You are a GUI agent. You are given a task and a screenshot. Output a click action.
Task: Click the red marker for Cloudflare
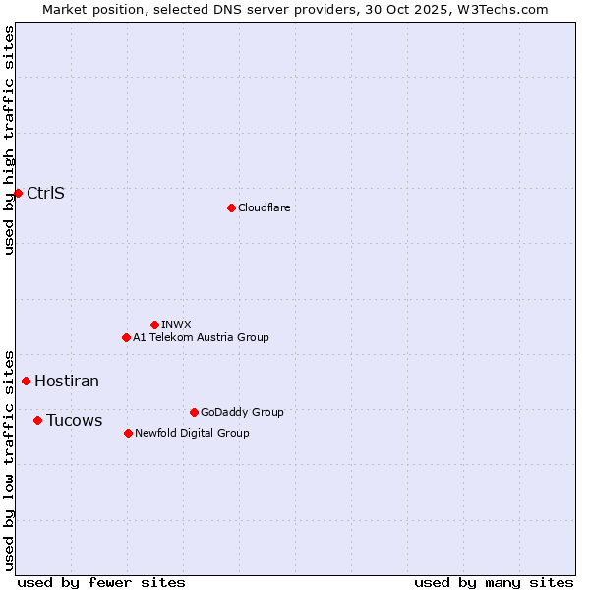pos(231,207)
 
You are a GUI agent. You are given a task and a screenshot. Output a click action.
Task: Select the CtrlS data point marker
pos(18,193)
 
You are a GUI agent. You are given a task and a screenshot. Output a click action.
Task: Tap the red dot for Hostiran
pos(27,381)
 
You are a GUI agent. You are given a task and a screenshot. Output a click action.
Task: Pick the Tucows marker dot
pos(37,420)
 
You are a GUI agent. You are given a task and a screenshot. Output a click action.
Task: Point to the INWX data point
pos(154,324)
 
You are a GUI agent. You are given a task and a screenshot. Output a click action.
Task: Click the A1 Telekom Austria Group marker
pos(126,337)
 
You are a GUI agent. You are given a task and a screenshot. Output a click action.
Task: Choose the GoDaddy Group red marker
pos(194,412)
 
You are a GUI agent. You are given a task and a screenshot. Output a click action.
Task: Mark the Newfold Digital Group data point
pos(128,433)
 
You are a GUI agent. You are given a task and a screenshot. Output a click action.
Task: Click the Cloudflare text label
pos(264,207)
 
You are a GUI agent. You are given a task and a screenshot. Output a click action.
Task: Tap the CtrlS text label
pos(45,193)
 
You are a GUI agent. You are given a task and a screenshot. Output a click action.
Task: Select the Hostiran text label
pos(67,381)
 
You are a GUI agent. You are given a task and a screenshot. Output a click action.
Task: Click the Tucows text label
pos(74,420)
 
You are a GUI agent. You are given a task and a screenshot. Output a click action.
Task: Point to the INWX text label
pos(176,324)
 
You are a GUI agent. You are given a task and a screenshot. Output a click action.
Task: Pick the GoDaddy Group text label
pos(242,412)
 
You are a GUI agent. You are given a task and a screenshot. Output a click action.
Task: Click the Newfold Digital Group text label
pos(192,433)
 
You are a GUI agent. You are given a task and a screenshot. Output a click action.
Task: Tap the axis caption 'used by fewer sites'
pos(101,582)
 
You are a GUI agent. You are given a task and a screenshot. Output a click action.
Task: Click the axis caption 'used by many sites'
pos(493,582)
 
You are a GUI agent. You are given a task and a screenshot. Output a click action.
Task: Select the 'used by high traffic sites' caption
pos(9,140)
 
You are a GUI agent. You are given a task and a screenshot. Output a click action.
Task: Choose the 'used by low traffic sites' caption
pos(9,459)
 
